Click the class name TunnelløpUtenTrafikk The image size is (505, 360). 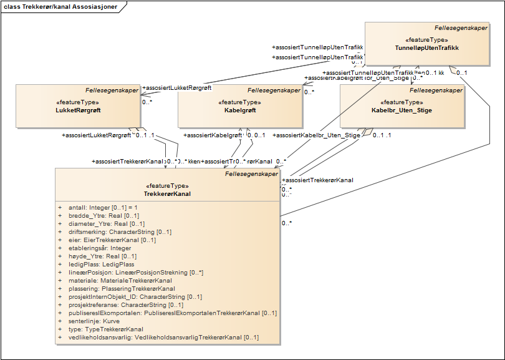click(427, 47)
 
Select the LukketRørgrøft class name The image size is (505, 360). click(79, 110)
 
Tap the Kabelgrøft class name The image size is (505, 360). click(240, 110)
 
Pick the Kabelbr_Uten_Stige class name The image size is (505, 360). click(402, 110)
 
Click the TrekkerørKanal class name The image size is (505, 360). click(166, 193)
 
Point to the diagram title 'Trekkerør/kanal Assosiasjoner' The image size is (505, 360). click(62, 6)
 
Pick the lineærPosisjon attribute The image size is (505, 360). click(135, 272)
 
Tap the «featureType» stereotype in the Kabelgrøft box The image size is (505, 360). click(240, 102)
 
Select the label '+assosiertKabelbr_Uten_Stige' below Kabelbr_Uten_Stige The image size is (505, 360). click(317, 135)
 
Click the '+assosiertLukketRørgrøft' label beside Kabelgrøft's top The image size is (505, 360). click(177, 88)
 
